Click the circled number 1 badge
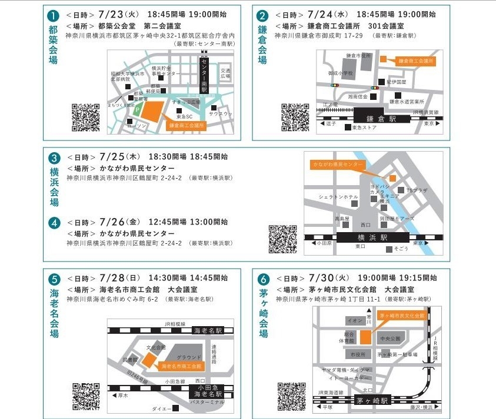click(x=54, y=16)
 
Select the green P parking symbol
click(x=137, y=109)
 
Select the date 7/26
click(x=113, y=222)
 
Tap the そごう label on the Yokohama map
click(x=401, y=249)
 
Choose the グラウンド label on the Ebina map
click(x=189, y=357)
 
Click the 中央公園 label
click(x=390, y=338)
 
